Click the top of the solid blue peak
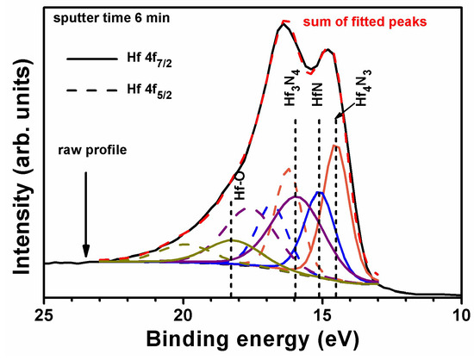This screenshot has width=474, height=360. click(319, 192)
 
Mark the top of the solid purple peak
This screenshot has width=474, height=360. click(296, 197)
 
